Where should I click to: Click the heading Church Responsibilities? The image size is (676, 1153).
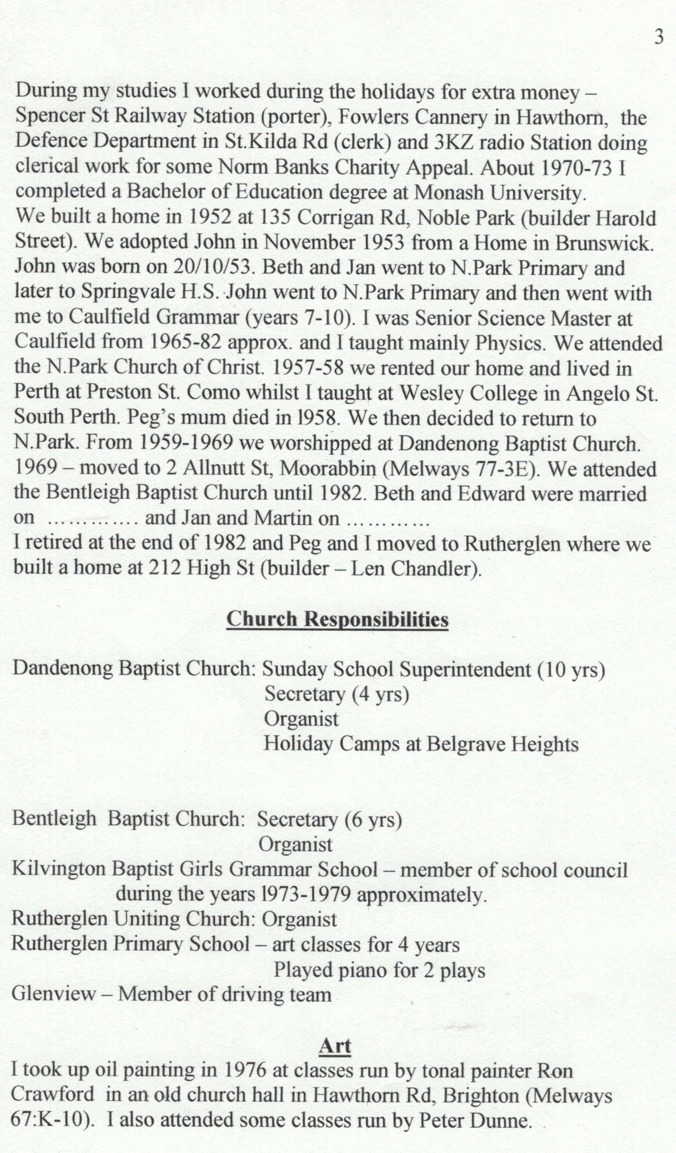337,619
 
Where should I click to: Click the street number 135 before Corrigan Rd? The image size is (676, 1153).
275,217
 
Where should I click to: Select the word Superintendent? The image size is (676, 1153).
465,670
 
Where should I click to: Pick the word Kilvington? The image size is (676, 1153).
58,868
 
